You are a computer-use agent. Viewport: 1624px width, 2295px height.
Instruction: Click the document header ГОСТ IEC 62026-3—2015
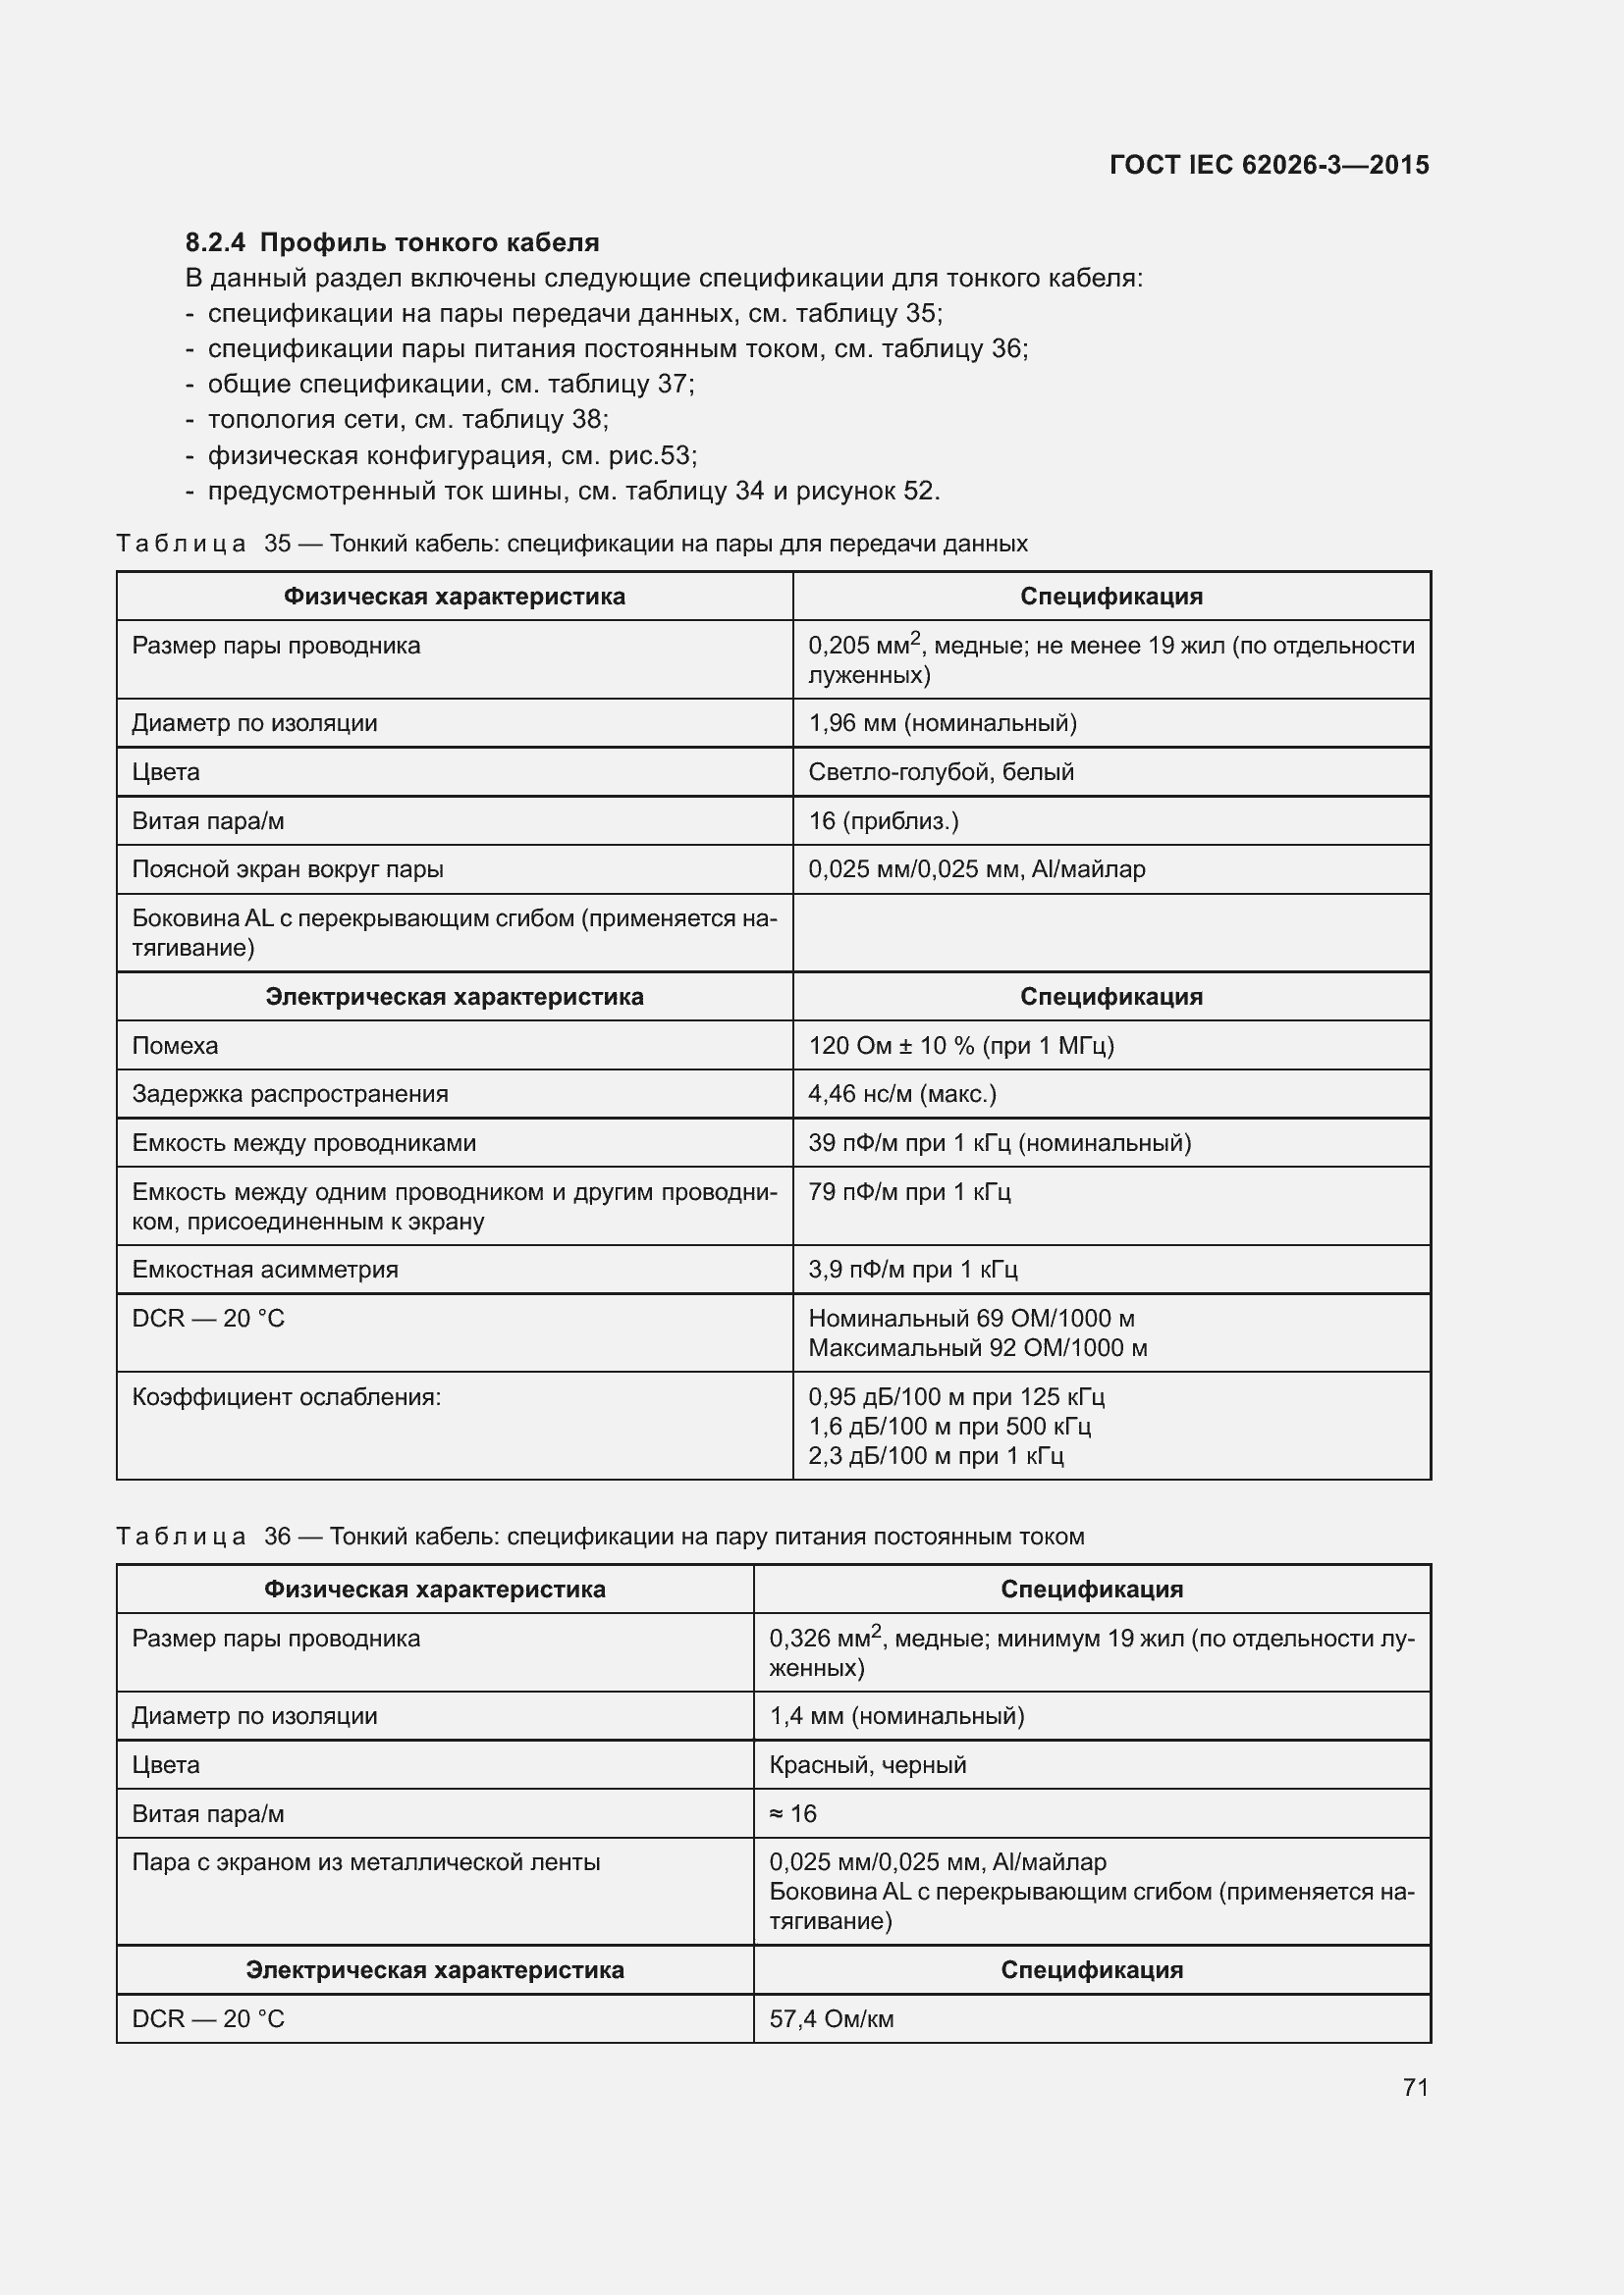(1268, 165)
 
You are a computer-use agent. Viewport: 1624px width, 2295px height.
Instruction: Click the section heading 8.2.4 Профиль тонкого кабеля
(392, 242)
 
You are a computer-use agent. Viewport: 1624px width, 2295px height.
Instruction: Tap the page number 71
(1415, 2087)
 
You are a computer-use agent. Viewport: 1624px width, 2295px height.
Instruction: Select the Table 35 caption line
(571, 544)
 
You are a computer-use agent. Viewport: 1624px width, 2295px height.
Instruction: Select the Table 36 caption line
(600, 1537)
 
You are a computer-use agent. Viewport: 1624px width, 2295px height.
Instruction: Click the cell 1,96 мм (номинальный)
(942, 723)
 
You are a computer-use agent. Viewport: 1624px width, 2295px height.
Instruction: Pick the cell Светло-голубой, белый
(941, 771)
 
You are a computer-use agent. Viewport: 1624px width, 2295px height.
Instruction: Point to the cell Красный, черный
(867, 1764)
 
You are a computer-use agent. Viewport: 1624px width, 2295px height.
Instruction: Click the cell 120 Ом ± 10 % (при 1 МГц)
(961, 1046)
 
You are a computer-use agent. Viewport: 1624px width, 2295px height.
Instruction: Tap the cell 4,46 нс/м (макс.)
(902, 1093)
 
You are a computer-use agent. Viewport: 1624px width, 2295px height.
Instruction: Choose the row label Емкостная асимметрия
(265, 1270)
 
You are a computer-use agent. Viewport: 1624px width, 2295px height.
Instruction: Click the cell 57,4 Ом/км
(831, 2019)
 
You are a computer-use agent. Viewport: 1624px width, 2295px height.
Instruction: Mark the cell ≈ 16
(793, 1813)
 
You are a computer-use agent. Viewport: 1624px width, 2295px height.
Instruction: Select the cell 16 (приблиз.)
(883, 820)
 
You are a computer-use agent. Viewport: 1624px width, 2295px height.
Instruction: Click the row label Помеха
(175, 1046)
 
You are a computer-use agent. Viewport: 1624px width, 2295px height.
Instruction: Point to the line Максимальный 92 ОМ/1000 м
(977, 1347)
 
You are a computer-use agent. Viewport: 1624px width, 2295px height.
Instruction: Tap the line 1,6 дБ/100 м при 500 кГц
(949, 1427)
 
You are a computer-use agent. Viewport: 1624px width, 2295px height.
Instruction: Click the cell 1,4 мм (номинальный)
(896, 1716)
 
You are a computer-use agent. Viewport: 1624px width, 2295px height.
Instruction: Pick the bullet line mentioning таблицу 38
(408, 419)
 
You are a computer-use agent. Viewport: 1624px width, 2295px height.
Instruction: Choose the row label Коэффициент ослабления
(286, 1396)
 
